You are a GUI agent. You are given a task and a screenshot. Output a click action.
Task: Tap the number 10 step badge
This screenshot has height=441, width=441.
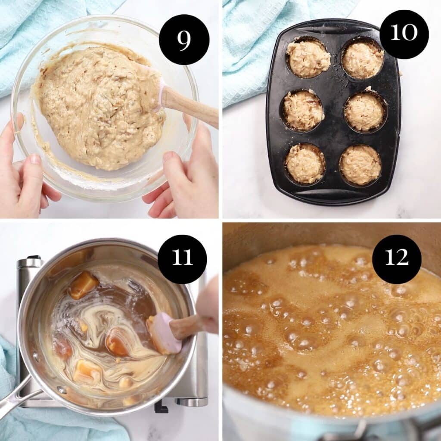pos(404,34)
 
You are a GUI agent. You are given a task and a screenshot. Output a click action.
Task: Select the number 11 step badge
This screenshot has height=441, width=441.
pos(182,259)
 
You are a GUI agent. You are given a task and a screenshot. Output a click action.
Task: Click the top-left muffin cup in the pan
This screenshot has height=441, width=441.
pos(308,59)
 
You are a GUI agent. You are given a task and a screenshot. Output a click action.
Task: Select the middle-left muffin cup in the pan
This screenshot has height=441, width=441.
pos(303,111)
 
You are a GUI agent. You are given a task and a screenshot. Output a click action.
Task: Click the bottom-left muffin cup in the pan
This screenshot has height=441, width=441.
pos(305,164)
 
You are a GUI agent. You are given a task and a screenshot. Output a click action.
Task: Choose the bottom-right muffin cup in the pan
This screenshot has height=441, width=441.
pos(360,165)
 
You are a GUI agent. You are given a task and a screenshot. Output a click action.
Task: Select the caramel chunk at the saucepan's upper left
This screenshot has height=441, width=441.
pos(83,285)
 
